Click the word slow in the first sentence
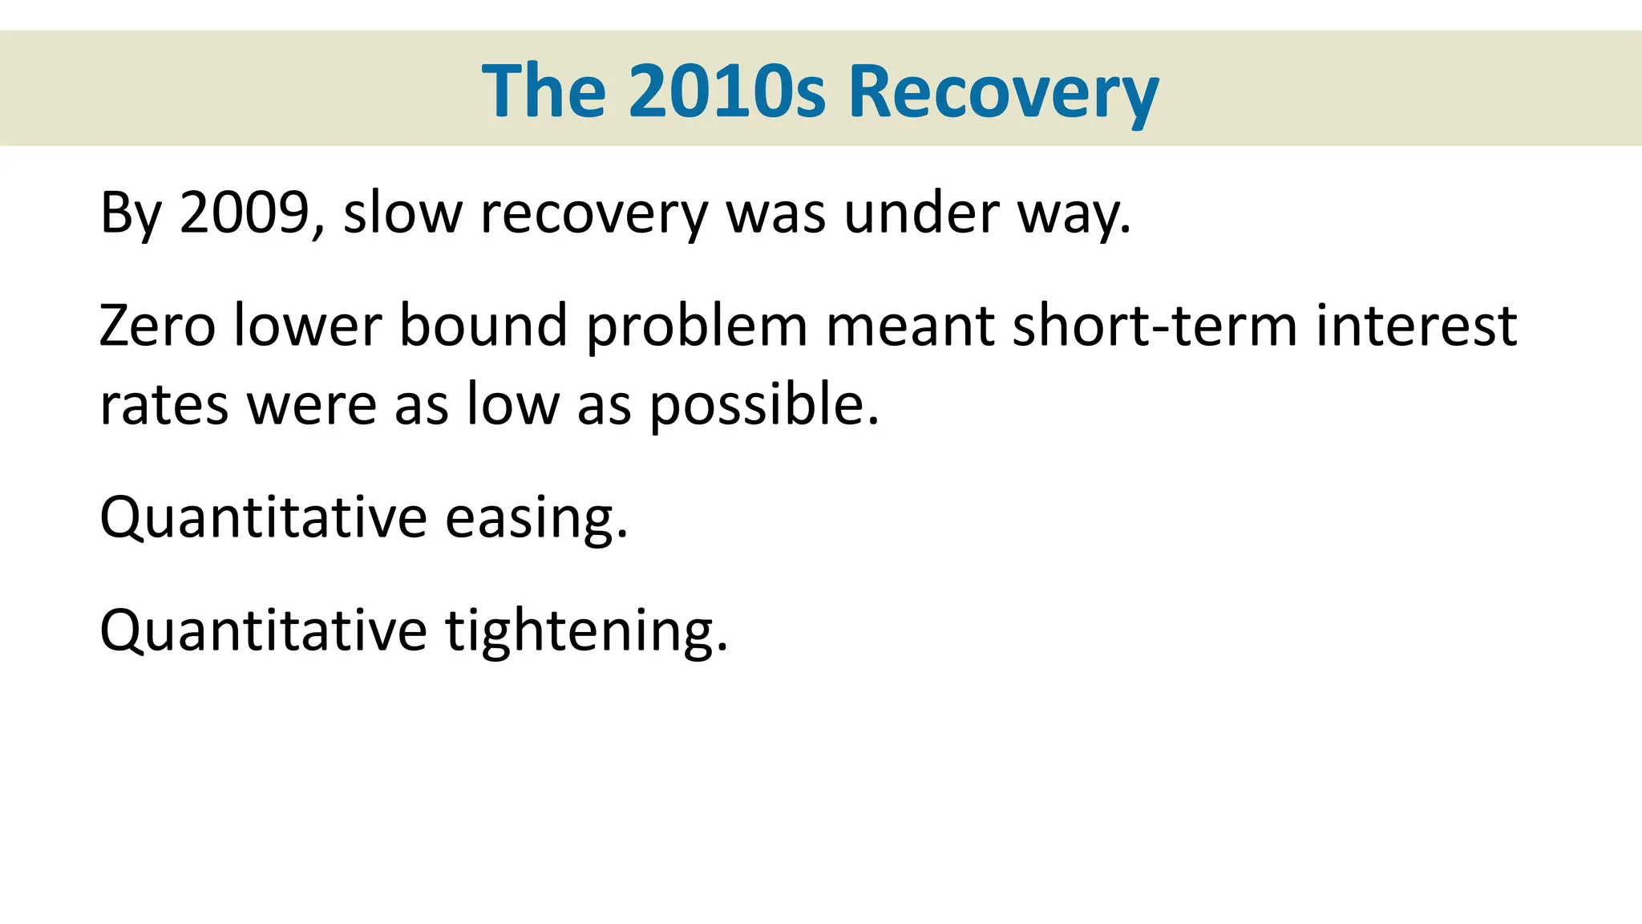402,213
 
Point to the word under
921,213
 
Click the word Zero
157,326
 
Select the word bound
483,326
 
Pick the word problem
697,327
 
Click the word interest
1416,326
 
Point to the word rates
164,404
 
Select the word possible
762,404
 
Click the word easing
536,518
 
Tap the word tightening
586,631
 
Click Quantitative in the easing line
263,518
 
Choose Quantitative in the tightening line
263,631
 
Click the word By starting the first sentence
131,213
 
